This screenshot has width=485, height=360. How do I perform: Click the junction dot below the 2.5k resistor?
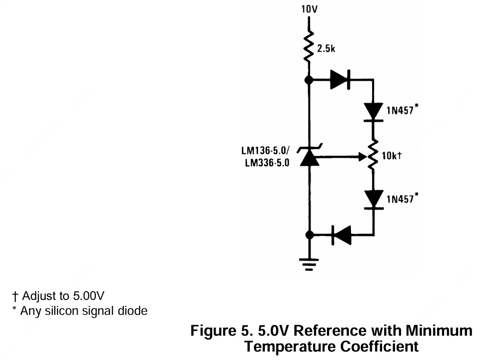click(309, 79)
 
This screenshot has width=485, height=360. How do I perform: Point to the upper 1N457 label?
click(401, 110)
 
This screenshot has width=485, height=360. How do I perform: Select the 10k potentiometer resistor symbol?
click(373, 156)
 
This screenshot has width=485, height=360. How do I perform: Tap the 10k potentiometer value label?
click(392, 156)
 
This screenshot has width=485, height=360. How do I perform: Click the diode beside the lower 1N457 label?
click(373, 200)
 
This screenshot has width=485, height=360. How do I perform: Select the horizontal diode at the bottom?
click(341, 235)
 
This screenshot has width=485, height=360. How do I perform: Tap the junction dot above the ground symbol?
click(309, 235)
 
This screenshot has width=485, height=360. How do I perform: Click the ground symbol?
click(309, 265)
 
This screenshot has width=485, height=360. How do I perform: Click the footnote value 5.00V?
click(88, 296)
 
